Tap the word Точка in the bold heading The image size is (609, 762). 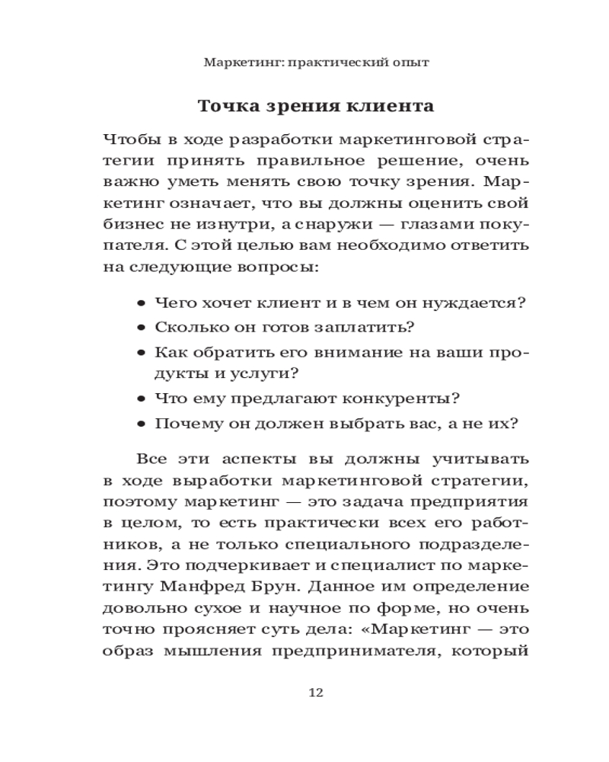tap(225, 106)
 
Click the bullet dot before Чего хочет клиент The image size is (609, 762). tap(142, 303)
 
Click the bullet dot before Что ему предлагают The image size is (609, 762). tap(142, 399)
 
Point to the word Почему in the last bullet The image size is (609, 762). tap(182, 423)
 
